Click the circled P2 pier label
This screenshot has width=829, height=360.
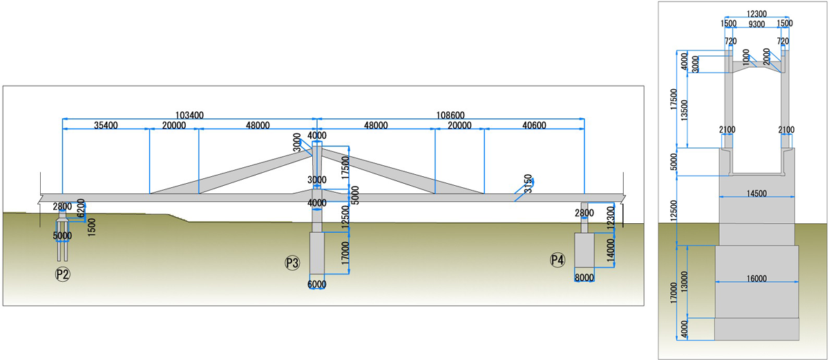pos(63,274)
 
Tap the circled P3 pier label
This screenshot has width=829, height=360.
pos(292,263)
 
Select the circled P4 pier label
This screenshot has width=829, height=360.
pos(557,260)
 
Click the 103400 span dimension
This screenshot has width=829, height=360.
pos(189,114)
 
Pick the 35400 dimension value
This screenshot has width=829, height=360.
pos(106,125)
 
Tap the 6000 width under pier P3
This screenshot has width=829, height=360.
pos(317,284)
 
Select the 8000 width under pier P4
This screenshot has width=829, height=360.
pos(584,278)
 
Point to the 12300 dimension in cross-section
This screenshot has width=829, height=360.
pos(755,13)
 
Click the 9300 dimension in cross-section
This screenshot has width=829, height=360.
pos(755,23)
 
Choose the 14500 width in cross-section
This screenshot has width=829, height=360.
pos(756,194)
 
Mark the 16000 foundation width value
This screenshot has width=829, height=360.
pos(756,278)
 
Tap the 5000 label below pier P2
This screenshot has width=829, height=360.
pos(62,236)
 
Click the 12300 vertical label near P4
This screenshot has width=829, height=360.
pos(609,217)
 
